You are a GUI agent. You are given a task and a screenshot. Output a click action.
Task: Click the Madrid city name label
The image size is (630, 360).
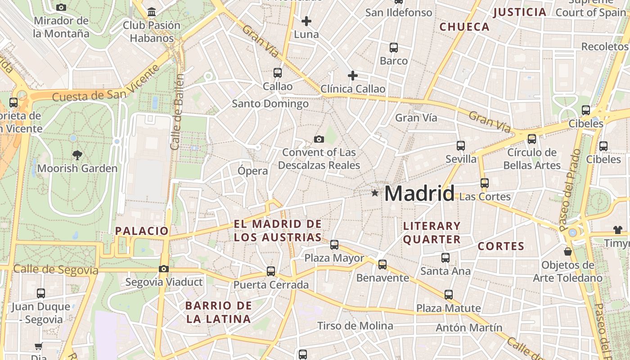pos(419,193)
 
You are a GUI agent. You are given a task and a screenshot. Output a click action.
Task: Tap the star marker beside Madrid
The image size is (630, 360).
pos(375,193)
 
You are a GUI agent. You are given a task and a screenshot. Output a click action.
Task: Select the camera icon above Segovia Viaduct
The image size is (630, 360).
pos(164,269)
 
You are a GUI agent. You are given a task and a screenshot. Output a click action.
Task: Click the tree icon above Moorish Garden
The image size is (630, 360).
pos(77,155)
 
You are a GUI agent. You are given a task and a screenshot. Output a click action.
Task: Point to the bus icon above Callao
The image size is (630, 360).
pos(278,72)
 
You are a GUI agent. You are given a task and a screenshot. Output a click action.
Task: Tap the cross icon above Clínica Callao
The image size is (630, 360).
pos(352,76)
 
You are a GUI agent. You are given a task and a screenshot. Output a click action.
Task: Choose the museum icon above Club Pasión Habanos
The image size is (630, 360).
pos(152,12)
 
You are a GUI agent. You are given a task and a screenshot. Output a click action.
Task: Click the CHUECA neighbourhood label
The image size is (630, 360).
pos(464,27)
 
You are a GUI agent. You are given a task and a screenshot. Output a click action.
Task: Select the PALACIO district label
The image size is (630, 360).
pos(142,231)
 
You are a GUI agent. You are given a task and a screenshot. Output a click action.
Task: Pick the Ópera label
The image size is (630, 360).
pos(252,171)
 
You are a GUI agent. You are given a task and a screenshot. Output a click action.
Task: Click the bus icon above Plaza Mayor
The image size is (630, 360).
pos(334,245)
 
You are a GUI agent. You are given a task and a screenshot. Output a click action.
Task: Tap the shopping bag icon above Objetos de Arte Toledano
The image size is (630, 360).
pos(568,251)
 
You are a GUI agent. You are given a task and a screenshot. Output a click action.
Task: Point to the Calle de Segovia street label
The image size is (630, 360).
pos(56,270)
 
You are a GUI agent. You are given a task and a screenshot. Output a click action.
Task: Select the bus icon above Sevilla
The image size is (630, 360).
pos(461,146)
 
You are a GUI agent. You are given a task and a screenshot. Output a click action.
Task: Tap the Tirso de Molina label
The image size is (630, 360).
pos(355,326)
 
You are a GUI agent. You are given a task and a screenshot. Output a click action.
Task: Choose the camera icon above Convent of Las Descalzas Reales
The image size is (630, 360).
pos(319,139)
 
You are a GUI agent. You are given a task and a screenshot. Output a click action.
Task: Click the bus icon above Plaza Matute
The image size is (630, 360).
pos(449,295)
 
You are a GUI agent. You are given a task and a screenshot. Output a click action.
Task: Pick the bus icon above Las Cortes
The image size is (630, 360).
pos(485,183)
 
